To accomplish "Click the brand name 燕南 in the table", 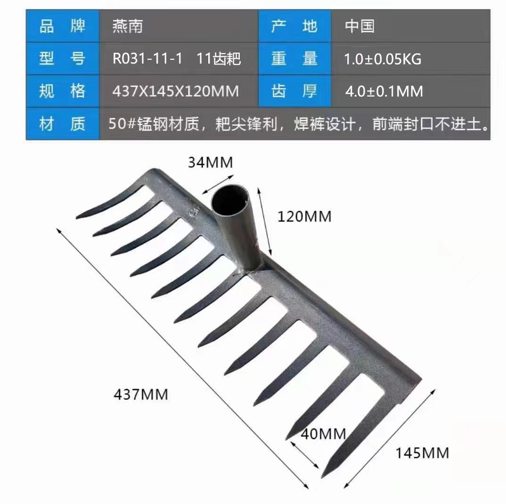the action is point(128,26).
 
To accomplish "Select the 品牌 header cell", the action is point(63,26).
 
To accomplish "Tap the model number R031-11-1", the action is point(147,59).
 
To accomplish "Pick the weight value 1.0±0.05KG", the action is point(383,59).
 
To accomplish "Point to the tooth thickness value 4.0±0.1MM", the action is point(384,91).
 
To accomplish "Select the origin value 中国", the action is point(359,26).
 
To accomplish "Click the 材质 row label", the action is point(63,123).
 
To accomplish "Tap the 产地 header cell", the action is point(294,26).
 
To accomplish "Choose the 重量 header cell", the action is point(294,58).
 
